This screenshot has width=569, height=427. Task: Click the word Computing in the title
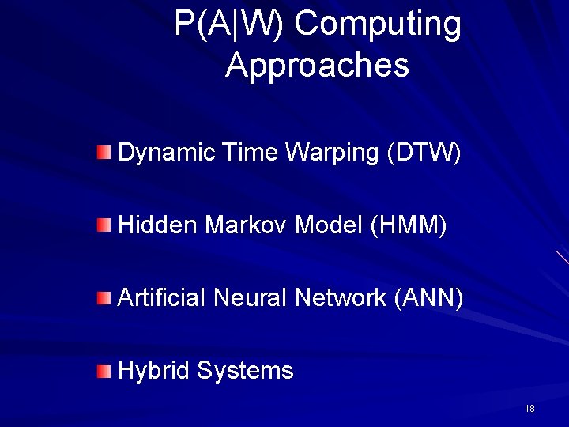pos(377,25)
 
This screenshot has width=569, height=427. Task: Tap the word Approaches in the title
pos(317,65)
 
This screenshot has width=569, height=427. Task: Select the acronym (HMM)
pos(408,225)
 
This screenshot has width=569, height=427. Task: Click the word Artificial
pos(161,298)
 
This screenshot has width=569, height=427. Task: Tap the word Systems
pos(245,371)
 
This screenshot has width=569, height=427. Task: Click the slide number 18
pos(529,409)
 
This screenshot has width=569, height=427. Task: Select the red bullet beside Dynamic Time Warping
pos(104,152)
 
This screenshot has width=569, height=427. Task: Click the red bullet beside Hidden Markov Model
pos(104,225)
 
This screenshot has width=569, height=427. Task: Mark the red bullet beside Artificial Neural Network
pos(104,298)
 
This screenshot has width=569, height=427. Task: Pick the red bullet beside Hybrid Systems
pos(104,371)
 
